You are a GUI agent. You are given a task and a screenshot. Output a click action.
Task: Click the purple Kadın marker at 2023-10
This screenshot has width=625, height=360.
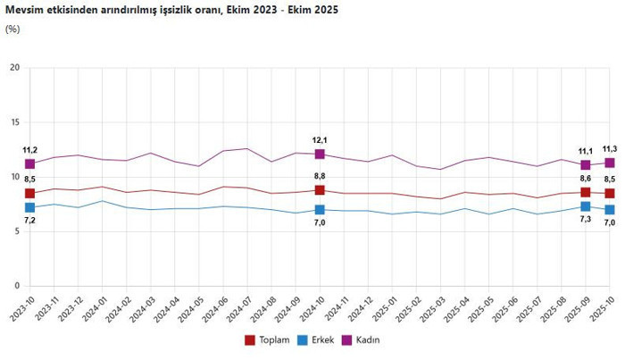30,164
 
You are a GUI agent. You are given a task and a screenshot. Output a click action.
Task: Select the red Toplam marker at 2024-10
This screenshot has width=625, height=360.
320,189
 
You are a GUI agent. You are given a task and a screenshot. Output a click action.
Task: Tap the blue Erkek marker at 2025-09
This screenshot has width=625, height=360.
585,206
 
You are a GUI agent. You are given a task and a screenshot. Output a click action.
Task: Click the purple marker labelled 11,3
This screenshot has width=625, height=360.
609,163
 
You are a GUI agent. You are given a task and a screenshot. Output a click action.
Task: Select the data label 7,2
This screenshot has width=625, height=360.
29,220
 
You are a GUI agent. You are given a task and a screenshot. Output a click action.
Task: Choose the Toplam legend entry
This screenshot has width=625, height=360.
268,339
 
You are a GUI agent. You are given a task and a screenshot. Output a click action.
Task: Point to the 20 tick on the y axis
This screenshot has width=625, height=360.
14,68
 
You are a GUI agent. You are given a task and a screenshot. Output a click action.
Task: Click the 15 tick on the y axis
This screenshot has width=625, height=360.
14,122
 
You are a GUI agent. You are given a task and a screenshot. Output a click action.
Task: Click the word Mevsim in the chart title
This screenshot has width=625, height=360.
26,11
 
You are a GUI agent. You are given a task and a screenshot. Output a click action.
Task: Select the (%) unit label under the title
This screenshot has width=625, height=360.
12,29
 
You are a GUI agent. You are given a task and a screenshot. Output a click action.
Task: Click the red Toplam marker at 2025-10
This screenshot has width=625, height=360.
609,193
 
